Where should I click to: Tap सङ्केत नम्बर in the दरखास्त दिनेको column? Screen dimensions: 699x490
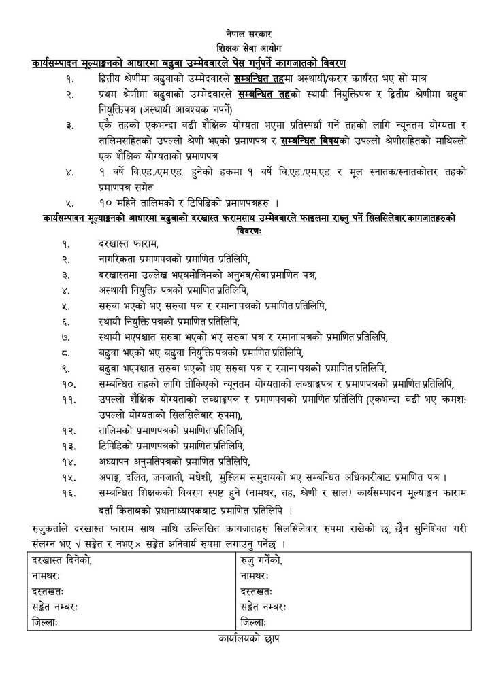[55, 607]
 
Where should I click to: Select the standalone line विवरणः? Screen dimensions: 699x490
[245, 229]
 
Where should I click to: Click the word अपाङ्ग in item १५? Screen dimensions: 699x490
[113, 478]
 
